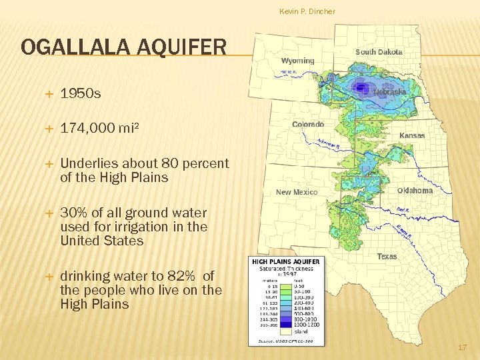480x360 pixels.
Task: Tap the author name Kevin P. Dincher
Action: point(307,11)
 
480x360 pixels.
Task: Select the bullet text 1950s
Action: point(81,94)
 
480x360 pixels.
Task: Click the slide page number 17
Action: point(463,348)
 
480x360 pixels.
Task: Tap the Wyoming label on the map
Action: point(297,61)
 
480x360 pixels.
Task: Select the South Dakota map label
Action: point(379,52)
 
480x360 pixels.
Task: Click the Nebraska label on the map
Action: point(390,92)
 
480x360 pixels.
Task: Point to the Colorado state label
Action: point(308,125)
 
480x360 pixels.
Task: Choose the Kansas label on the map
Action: point(412,135)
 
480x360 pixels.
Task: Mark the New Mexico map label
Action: point(297,192)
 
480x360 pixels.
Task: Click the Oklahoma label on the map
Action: point(415,191)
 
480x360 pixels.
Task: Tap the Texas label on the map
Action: point(387,257)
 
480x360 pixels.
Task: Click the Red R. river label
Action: point(402,210)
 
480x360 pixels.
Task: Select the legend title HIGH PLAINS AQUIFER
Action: point(286,261)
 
